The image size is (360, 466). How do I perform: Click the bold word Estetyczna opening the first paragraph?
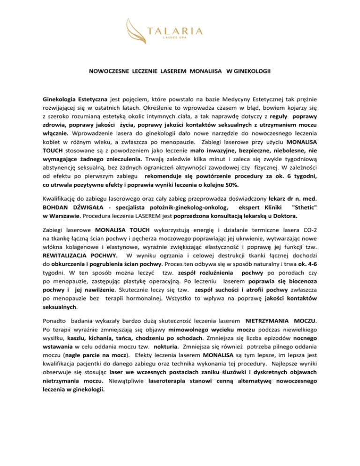[90, 100]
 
